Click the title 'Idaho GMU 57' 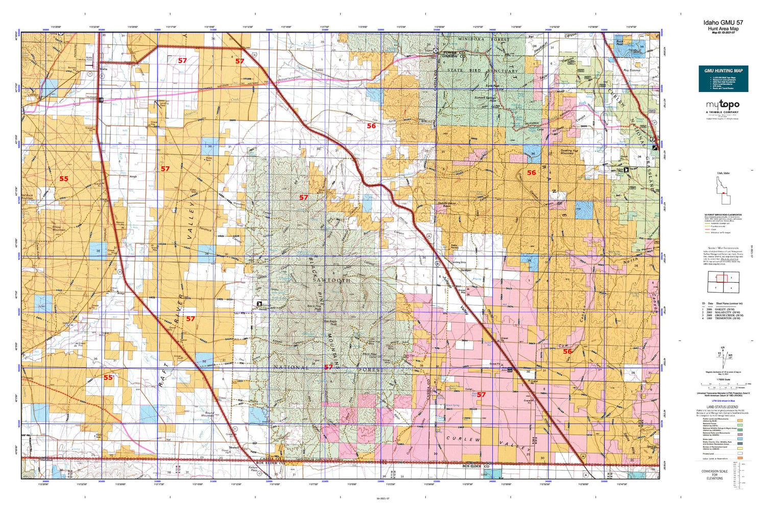pyautogui.click(x=723, y=22)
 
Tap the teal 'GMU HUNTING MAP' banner pyautogui.click(x=723, y=79)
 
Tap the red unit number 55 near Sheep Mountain pyautogui.click(x=63, y=179)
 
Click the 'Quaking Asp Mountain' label pyautogui.click(x=568, y=152)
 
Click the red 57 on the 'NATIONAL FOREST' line pyautogui.click(x=328, y=367)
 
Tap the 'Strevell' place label pyautogui.click(x=234, y=447)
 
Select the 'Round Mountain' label pyautogui.click(x=209, y=414)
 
